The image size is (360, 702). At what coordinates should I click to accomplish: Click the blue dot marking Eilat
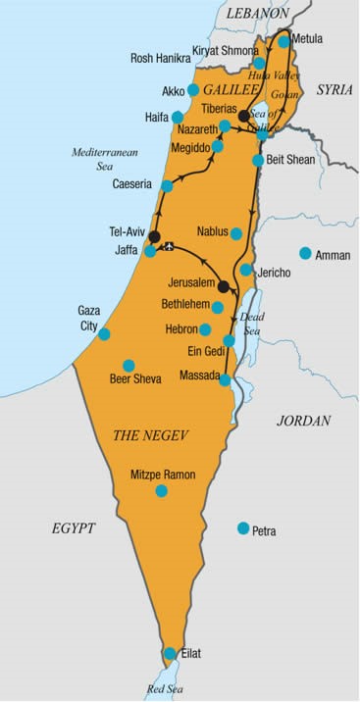(170, 653)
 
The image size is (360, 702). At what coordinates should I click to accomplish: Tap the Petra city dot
(243, 528)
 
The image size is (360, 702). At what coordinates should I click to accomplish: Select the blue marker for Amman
(305, 253)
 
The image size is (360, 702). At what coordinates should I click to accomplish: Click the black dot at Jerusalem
(224, 286)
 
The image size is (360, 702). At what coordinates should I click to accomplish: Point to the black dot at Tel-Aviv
(154, 236)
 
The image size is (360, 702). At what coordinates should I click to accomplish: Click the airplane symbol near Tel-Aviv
(171, 246)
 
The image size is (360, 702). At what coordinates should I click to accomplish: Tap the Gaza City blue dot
(104, 333)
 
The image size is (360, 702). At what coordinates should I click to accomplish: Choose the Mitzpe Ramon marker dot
(162, 490)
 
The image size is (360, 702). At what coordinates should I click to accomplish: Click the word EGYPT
(74, 527)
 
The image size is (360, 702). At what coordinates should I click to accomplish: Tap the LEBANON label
(258, 15)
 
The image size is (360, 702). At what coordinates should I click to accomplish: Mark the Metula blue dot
(283, 42)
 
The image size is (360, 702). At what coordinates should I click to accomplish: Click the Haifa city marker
(178, 117)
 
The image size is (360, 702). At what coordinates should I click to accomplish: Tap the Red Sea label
(166, 689)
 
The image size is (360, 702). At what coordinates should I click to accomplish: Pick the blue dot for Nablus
(236, 233)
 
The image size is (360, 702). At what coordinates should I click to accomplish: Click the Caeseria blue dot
(168, 185)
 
